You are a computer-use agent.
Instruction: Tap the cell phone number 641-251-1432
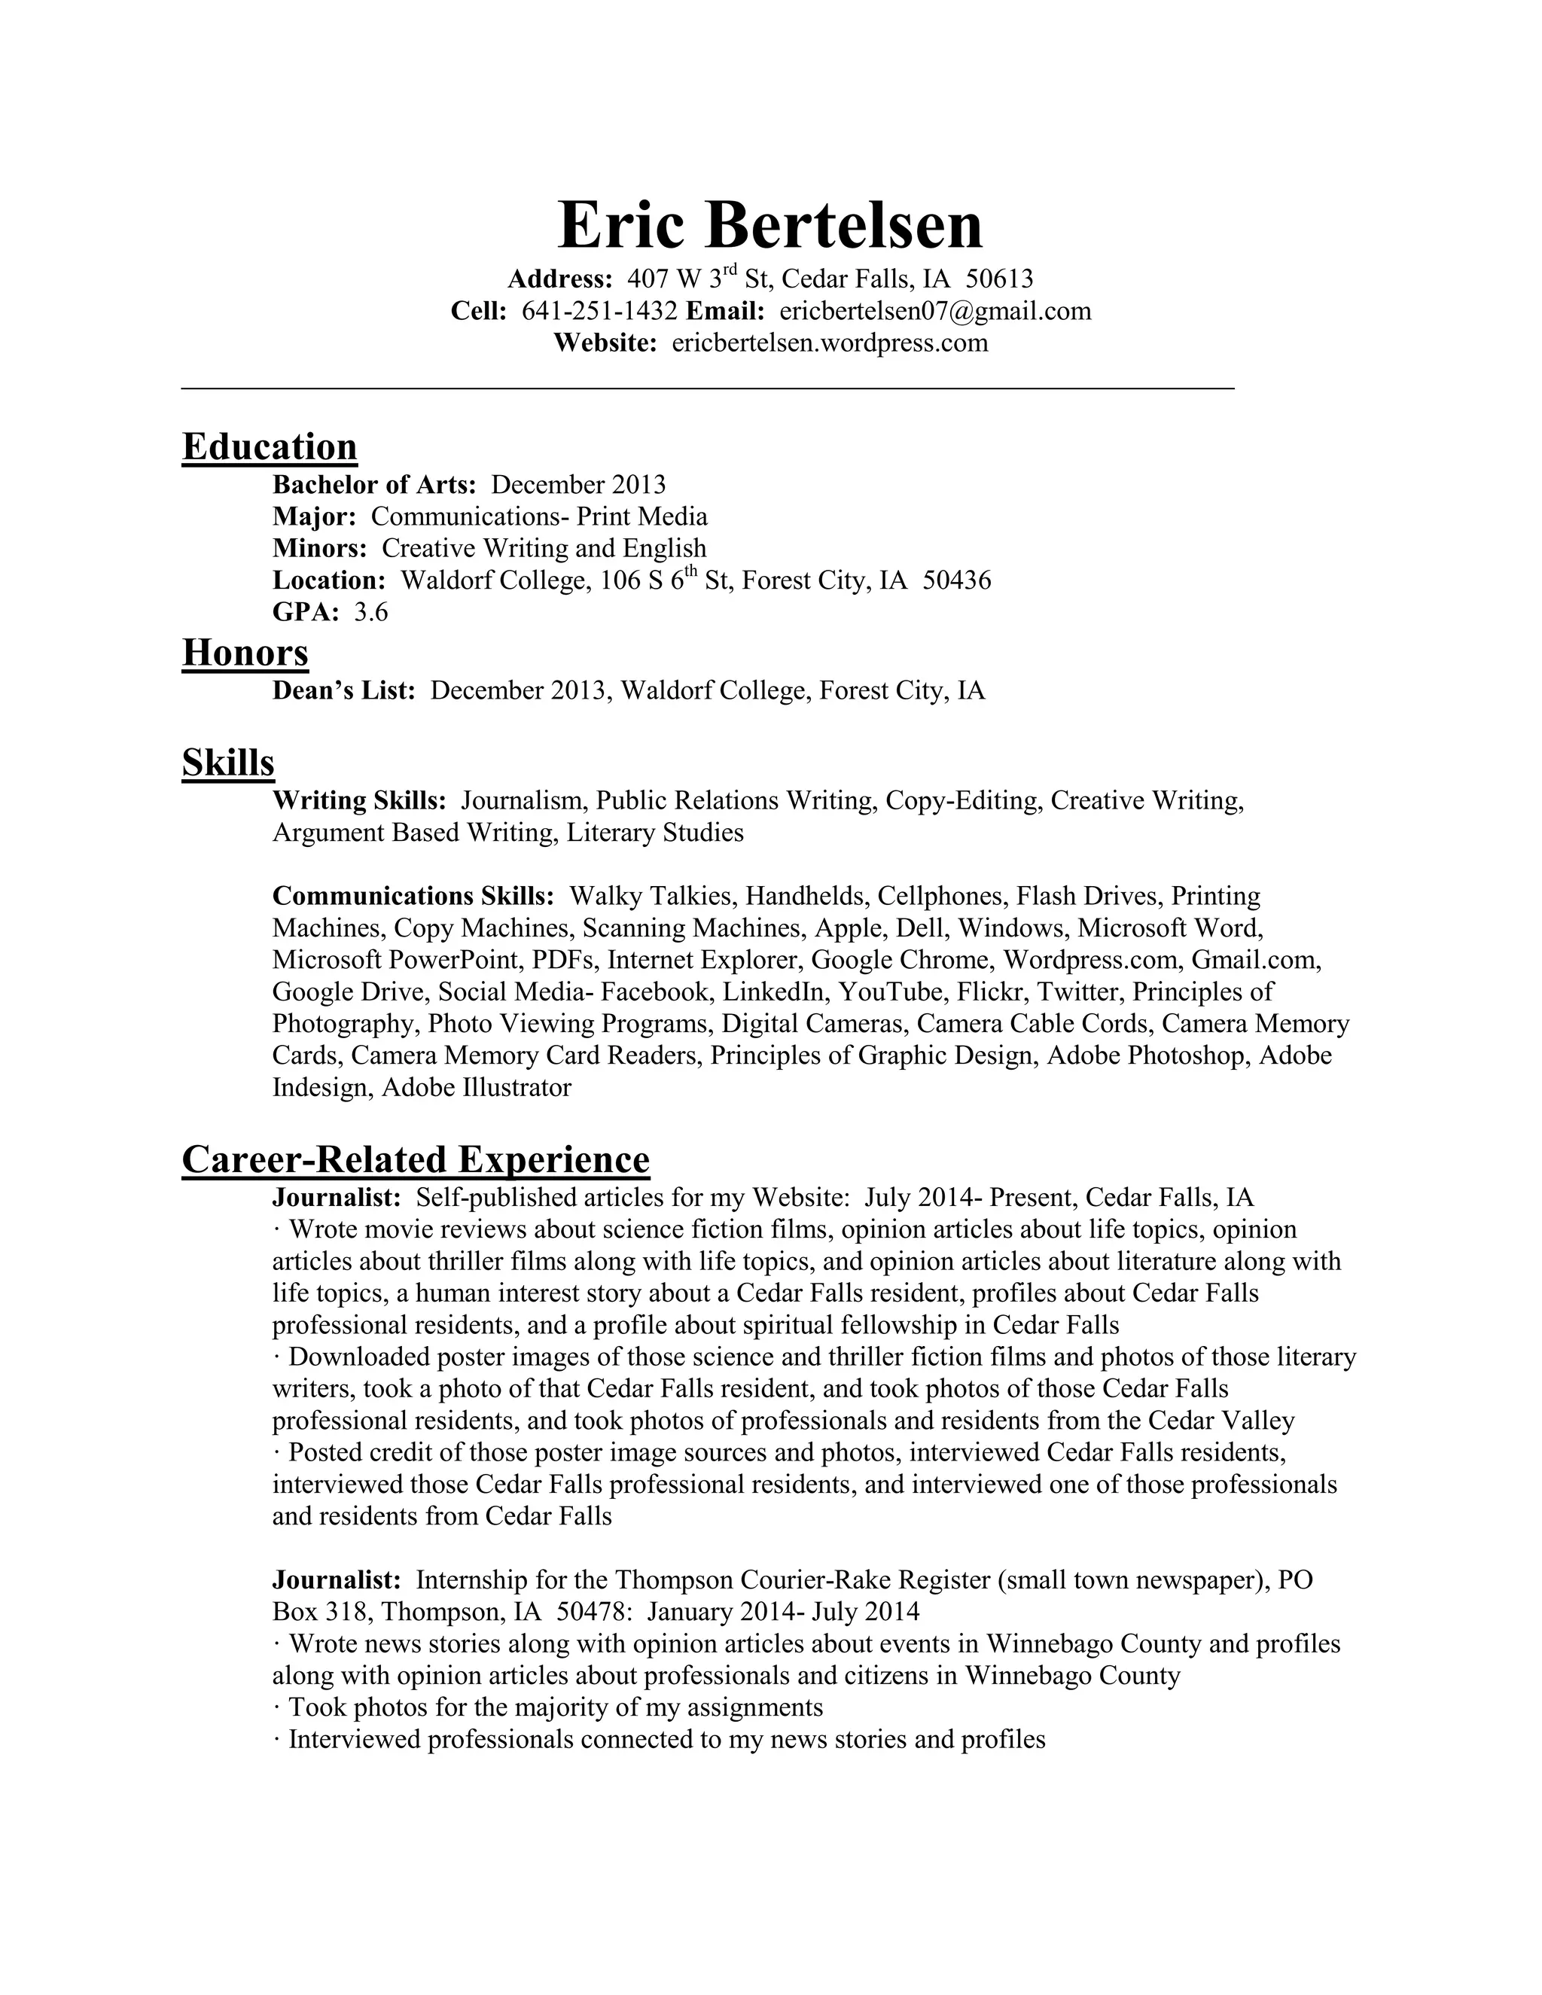pos(599,312)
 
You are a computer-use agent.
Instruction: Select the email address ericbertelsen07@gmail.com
pos(934,312)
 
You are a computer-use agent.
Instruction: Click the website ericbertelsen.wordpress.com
pos(830,343)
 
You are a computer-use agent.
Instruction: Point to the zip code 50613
pos(999,279)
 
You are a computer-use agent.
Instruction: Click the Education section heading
pos(270,446)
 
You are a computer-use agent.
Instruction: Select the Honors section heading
pos(245,653)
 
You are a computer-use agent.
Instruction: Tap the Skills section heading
pos(227,762)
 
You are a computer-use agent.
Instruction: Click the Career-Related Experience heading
pos(416,1159)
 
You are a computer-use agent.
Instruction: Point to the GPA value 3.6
pos(371,612)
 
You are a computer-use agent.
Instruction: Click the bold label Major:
pos(314,517)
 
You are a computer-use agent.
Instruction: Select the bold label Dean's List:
pos(344,690)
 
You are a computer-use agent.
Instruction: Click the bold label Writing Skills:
pos(359,801)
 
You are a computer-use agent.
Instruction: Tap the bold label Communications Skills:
pos(413,896)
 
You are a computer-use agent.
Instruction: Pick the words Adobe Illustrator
pos(476,1088)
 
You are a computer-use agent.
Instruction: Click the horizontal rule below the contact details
pos(707,389)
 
